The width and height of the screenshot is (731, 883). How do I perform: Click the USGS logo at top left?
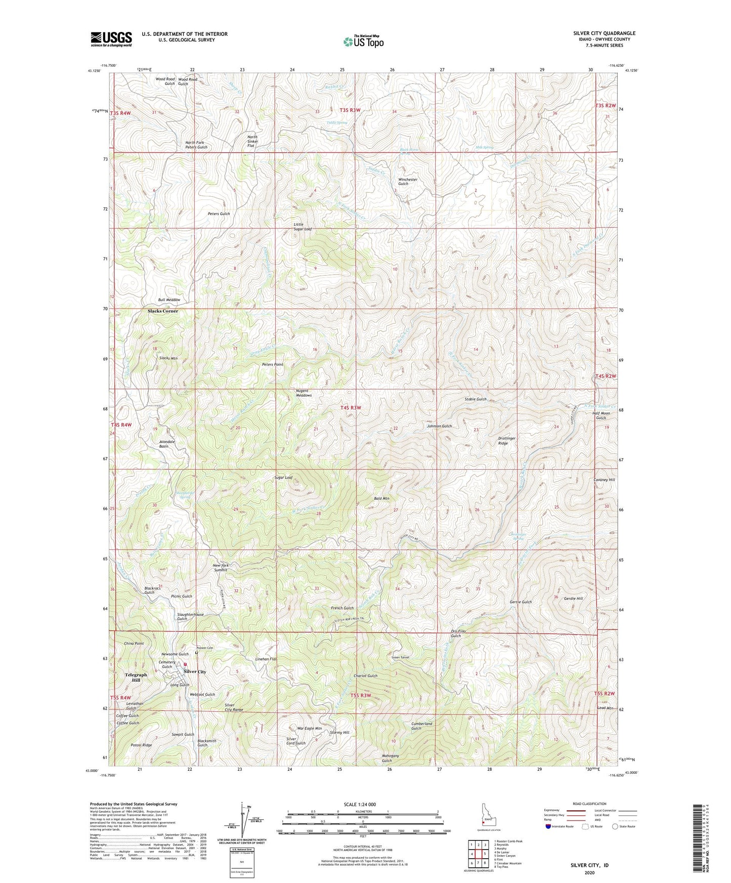111,38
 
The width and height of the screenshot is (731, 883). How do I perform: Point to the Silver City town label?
195,672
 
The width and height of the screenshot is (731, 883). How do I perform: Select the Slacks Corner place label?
162,311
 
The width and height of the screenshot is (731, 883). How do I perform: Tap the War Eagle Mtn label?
309,729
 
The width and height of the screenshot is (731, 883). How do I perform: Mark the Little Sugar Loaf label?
303,227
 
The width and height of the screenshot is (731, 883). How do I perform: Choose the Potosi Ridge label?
141,745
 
